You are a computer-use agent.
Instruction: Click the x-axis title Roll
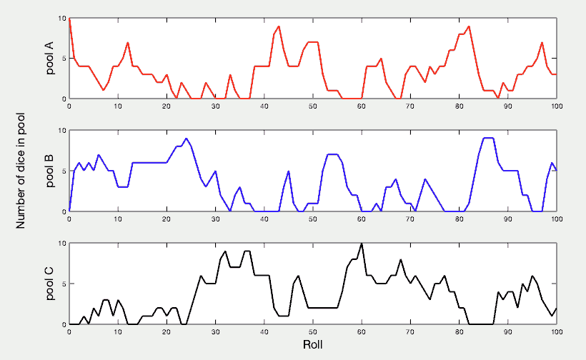[x=313, y=345]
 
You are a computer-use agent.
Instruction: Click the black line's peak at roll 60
[x=362, y=244]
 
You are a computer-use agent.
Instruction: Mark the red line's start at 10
[x=69, y=19]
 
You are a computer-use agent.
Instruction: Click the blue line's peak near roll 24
[x=187, y=139]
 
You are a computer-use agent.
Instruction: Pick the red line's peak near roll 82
[x=469, y=26]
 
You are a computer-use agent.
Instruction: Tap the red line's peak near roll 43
[x=279, y=26]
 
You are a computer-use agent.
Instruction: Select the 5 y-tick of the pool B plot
[x=62, y=171]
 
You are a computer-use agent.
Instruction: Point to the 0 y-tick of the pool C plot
[x=62, y=324]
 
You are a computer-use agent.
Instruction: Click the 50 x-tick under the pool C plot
[x=313, y=332]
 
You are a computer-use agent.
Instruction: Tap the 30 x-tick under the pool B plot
[x=215, y=219]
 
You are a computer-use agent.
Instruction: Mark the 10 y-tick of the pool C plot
[x=60, y=244]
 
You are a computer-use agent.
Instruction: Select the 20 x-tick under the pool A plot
[x=167, y=106]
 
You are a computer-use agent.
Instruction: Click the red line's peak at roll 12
[x=128, y=43]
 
